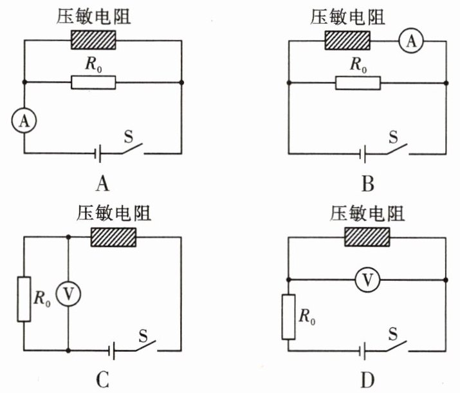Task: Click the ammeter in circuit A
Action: click(x=24, y=120)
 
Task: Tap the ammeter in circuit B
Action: click(x=409, y=41)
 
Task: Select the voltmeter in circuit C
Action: click(x=68, y=294)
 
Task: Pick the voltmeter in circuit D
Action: click(x=367, y=280)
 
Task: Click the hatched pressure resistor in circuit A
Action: click(x=93, y=41)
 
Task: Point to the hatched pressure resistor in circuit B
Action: click(x=348, y=41)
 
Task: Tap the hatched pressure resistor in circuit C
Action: click(x=113, y=237)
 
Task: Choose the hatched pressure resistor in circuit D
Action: click(x=368, y=237)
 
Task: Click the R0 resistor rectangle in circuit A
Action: click(x=93, y=82)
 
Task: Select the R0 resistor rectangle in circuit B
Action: click(x=358, y=82)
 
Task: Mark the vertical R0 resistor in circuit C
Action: click(x=24, y=299)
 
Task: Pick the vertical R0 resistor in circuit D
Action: click(x=288, y=316)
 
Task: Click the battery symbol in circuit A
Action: click(x=98, y=153)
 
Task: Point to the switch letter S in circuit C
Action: click(x=144, y=335)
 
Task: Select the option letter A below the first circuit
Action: click(x=102, y=185)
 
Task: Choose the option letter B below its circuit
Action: click(x=367, y=185)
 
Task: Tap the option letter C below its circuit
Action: click(x=102, y=380)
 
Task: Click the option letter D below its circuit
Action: click(x=367, y=380)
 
